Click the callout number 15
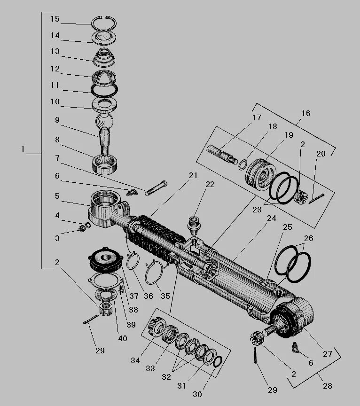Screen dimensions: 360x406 pyautogui.click(x=55, y=19)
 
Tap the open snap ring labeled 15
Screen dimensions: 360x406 pyautogui.click(x=104, y=23)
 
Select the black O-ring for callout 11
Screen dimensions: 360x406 pyautogui.click(x=104, y=89)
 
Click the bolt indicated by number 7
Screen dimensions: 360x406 pyautogui.click(x=156, y=188)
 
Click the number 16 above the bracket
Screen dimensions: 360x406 pyautogui.click(x=306, y=113)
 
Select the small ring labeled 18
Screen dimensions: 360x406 pyautogui.click(x=243, y=164)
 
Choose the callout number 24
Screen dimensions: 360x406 pyautogui.click(x=271, y=218)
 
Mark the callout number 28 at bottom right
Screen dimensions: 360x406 pyautogui.click(x=327, y=386)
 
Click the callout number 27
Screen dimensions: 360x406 pyautogui.click(x=327, y=354)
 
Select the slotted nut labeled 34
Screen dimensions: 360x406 pyautogui.click(x=154, y=327)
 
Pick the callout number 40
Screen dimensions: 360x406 pyautogui.click(x=122, y=338)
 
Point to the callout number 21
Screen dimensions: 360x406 pyautogui.click(x=193, y=175)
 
